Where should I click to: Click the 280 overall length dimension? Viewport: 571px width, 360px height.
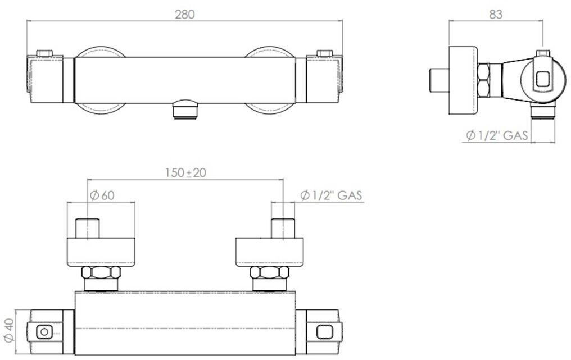pos(185,15)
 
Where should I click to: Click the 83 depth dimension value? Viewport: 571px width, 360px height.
pos(496,15)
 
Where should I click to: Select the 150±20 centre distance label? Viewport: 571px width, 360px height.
pos(185,172)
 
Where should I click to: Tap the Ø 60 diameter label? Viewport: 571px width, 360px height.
pos(102,195)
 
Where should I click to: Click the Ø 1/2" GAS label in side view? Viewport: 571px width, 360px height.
pos(497,136)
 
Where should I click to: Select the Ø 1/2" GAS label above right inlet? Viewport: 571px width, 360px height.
pos(332,195)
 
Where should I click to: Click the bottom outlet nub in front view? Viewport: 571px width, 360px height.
pos(185,109)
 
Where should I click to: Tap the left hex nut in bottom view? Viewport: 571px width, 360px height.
pos(101,272)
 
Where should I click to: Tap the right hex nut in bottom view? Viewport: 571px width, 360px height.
pos(269,272)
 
